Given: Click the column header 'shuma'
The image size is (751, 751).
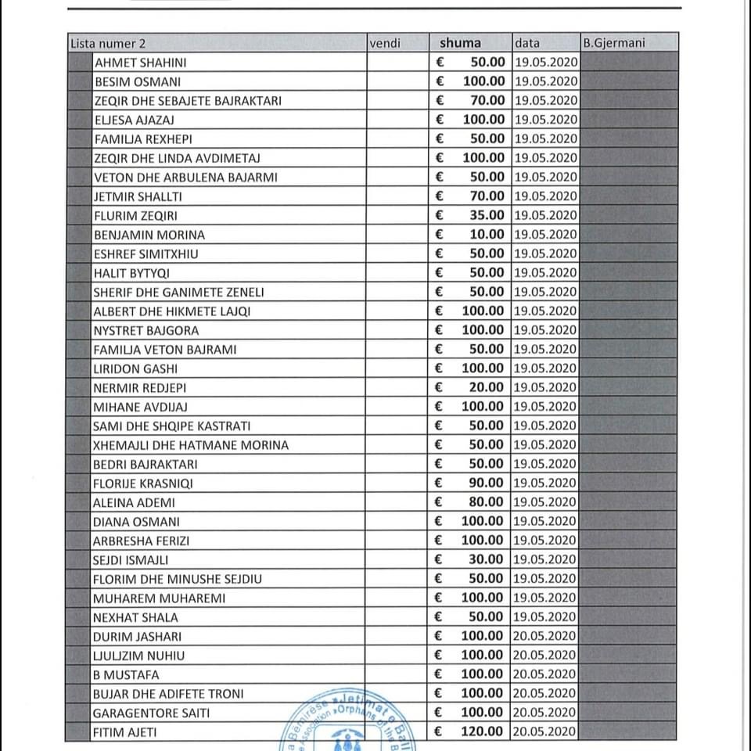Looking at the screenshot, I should [x=460, y=43].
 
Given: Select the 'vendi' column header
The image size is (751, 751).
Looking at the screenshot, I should [x=384, y=43].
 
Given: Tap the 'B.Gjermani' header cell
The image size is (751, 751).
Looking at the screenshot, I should [x=613, y=43].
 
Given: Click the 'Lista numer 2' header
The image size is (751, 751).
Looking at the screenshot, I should [x=108, y=44].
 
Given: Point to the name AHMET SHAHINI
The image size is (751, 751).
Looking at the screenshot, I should [x=140, y=63].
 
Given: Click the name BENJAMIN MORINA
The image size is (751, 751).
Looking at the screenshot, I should [x=149, y=235].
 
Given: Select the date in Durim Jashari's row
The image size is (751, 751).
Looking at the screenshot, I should [x=545, y=636].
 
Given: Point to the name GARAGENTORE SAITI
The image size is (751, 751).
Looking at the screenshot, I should [x=152, y=713].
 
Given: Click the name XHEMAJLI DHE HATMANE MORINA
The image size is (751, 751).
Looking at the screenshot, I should [x=191, y=445].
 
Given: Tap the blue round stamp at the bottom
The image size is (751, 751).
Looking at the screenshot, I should [x=344, y=728].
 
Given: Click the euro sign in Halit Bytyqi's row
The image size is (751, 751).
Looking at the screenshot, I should [x=440, y=273].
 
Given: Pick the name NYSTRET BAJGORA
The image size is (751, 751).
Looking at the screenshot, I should [x=146, y=330].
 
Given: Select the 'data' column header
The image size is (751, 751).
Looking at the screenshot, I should [x=527, y=43].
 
